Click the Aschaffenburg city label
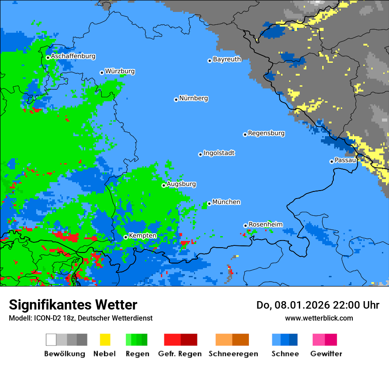coord(73,57)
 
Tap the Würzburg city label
coord(120,72)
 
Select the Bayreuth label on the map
coord(227,59)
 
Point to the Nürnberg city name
coord(194,99)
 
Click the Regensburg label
coord(266,134)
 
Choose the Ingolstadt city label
coord(219,153)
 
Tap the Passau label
coord(345,161)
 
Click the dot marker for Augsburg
coord(164,185)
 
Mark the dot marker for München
coord(209,203)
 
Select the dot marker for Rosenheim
coord(245,226)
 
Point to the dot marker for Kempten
coord(126,237)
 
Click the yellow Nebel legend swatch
coord(105,340)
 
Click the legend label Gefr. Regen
coord(180,354)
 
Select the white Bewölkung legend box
coord(51,340)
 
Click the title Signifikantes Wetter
coord(73,305)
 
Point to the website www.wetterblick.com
coord(319,318)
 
